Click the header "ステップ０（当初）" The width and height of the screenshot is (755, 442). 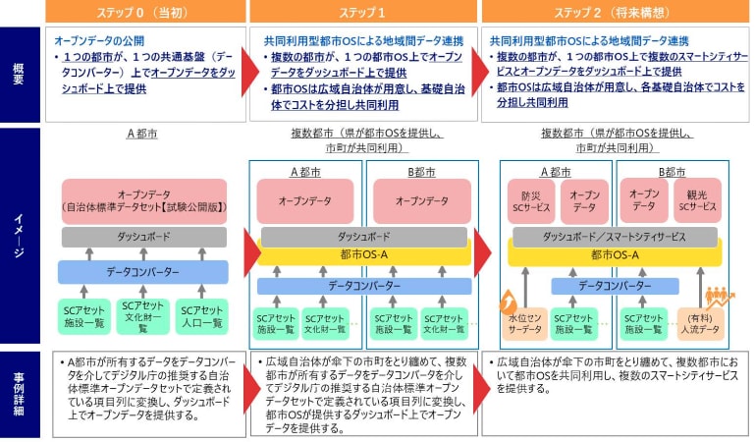point(143,11)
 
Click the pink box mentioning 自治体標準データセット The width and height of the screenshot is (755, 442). point(143,200)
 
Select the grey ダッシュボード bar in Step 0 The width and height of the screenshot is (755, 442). point(143,237)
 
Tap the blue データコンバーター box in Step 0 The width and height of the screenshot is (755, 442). point(143,271)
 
